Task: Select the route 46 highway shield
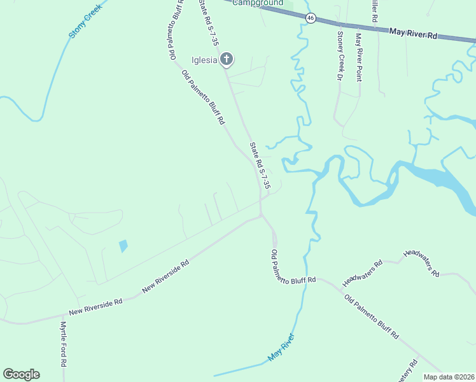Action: pyautogui.click(x=310, y=18)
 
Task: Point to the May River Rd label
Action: pyautogui.click(x=414, y=33)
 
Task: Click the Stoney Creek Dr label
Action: pyautogui.click(x=340, y=55)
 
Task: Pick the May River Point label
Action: pyautogui.click(x=359, y=57)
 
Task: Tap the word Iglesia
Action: pyautogui.click(x=205, y=60)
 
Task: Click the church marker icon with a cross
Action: pyautogui.click(x=227, y=60)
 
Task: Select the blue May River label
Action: pyautogui.click(x=281, y=348)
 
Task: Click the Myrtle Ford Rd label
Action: pyautogui.click(x=64, y=343)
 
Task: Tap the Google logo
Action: pyautogui.click(x=21, y=374)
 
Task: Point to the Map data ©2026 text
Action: pyautogui.click(x=449, y=377)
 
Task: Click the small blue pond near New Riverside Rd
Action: pyautogui.click(x=123, y=245)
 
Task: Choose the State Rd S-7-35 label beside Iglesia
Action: pyautogui.click(x=209, y=23)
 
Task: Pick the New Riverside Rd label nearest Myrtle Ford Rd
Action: pyautogui.click(x=95, y=307)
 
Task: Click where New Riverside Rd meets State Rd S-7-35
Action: pyautogui.click(x=261, y=215)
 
